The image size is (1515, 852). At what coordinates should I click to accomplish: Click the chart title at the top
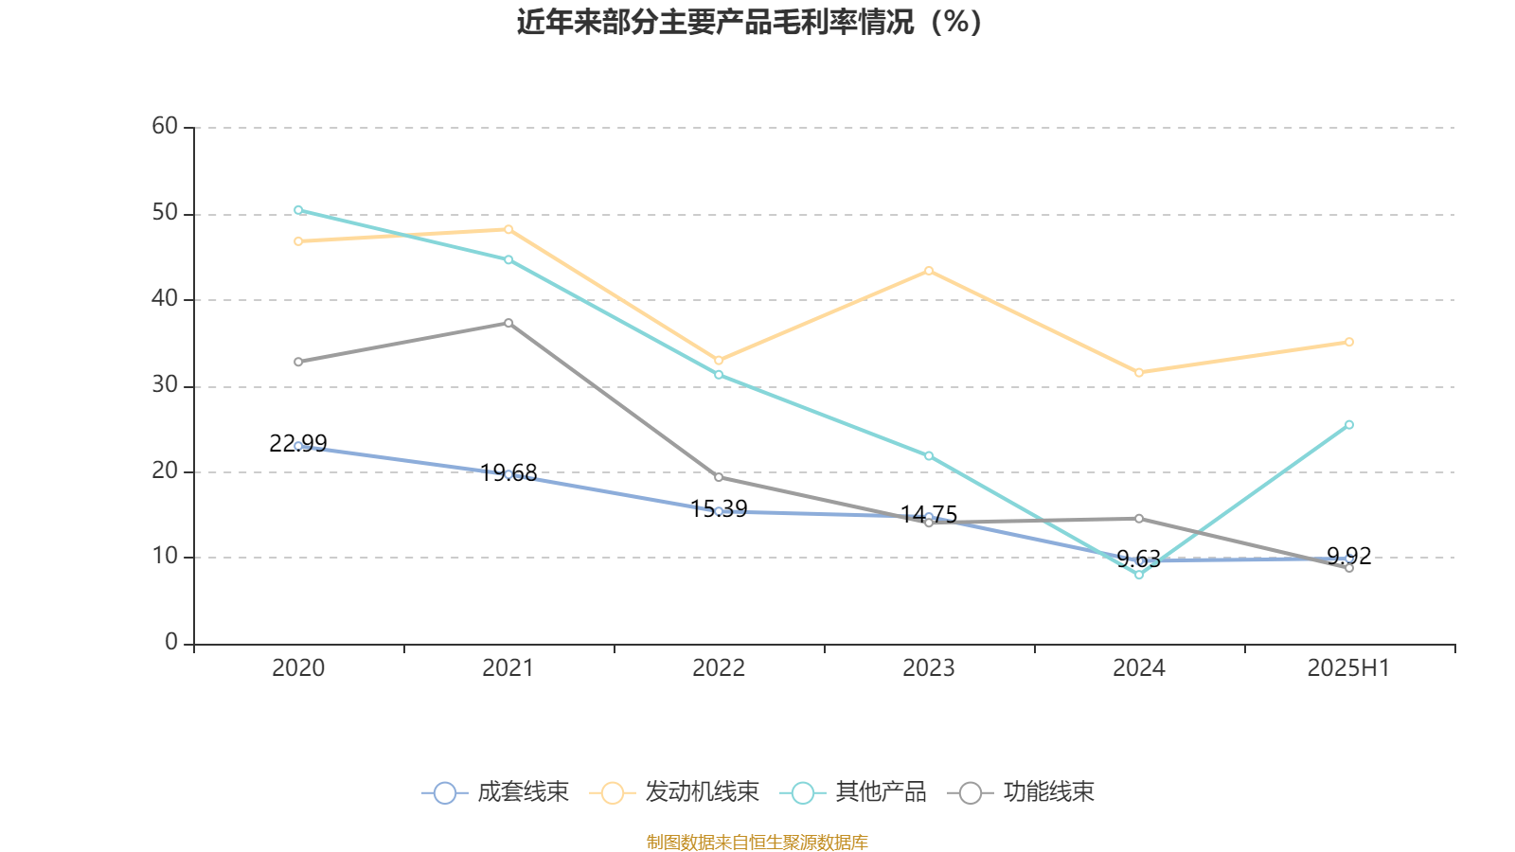coord(749,22)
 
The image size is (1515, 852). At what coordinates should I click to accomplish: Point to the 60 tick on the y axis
coord(165,127)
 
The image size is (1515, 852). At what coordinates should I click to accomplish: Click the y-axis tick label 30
coord(165,385)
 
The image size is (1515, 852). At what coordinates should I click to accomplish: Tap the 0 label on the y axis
coord(171,643)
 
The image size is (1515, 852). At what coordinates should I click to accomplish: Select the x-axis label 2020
coord(298,668)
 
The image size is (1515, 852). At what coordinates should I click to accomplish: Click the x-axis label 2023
coord(929,668)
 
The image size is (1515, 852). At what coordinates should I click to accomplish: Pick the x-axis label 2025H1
coord(1348,668)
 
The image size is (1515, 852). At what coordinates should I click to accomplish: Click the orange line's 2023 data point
coord(929,271)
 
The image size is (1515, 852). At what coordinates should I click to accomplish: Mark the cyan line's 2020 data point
coord(298,210)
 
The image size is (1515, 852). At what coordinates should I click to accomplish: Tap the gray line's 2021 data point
coord(508,323)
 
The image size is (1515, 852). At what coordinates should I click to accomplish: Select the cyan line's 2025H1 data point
coord(1349,425)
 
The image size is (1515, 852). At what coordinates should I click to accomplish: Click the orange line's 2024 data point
coord(1139,373)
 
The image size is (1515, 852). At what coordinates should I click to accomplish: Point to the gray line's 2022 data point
coord(719,477)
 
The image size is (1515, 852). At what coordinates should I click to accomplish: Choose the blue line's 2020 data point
coord(298,446)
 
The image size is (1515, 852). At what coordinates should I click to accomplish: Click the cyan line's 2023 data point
coord(929,456)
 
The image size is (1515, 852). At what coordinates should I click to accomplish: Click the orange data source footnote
coord(757,842)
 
